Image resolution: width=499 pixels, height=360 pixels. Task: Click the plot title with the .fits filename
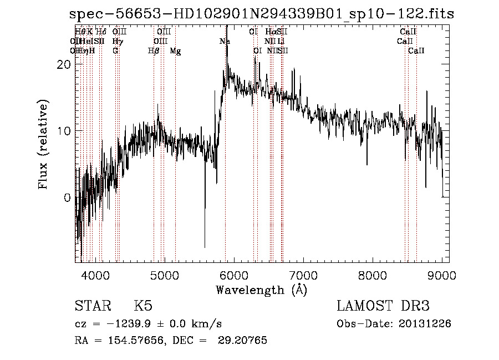[x=262, y=15]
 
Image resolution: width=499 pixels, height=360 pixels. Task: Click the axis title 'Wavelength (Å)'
[x=261, y=290]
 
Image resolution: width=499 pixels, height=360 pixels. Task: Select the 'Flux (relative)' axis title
[x=43, y=144]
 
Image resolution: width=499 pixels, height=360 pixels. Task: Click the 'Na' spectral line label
[x=225, y=42]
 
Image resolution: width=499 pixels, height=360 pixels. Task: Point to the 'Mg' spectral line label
[x=175, y=51]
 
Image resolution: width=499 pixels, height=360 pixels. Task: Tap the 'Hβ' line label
[x=154, y=51]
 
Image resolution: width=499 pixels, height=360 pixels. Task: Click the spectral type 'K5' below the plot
[x=143, y=306]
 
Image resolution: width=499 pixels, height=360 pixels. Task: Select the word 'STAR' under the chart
[x=91, y=306]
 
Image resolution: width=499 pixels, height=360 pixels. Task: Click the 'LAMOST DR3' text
[x=383, y=306]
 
